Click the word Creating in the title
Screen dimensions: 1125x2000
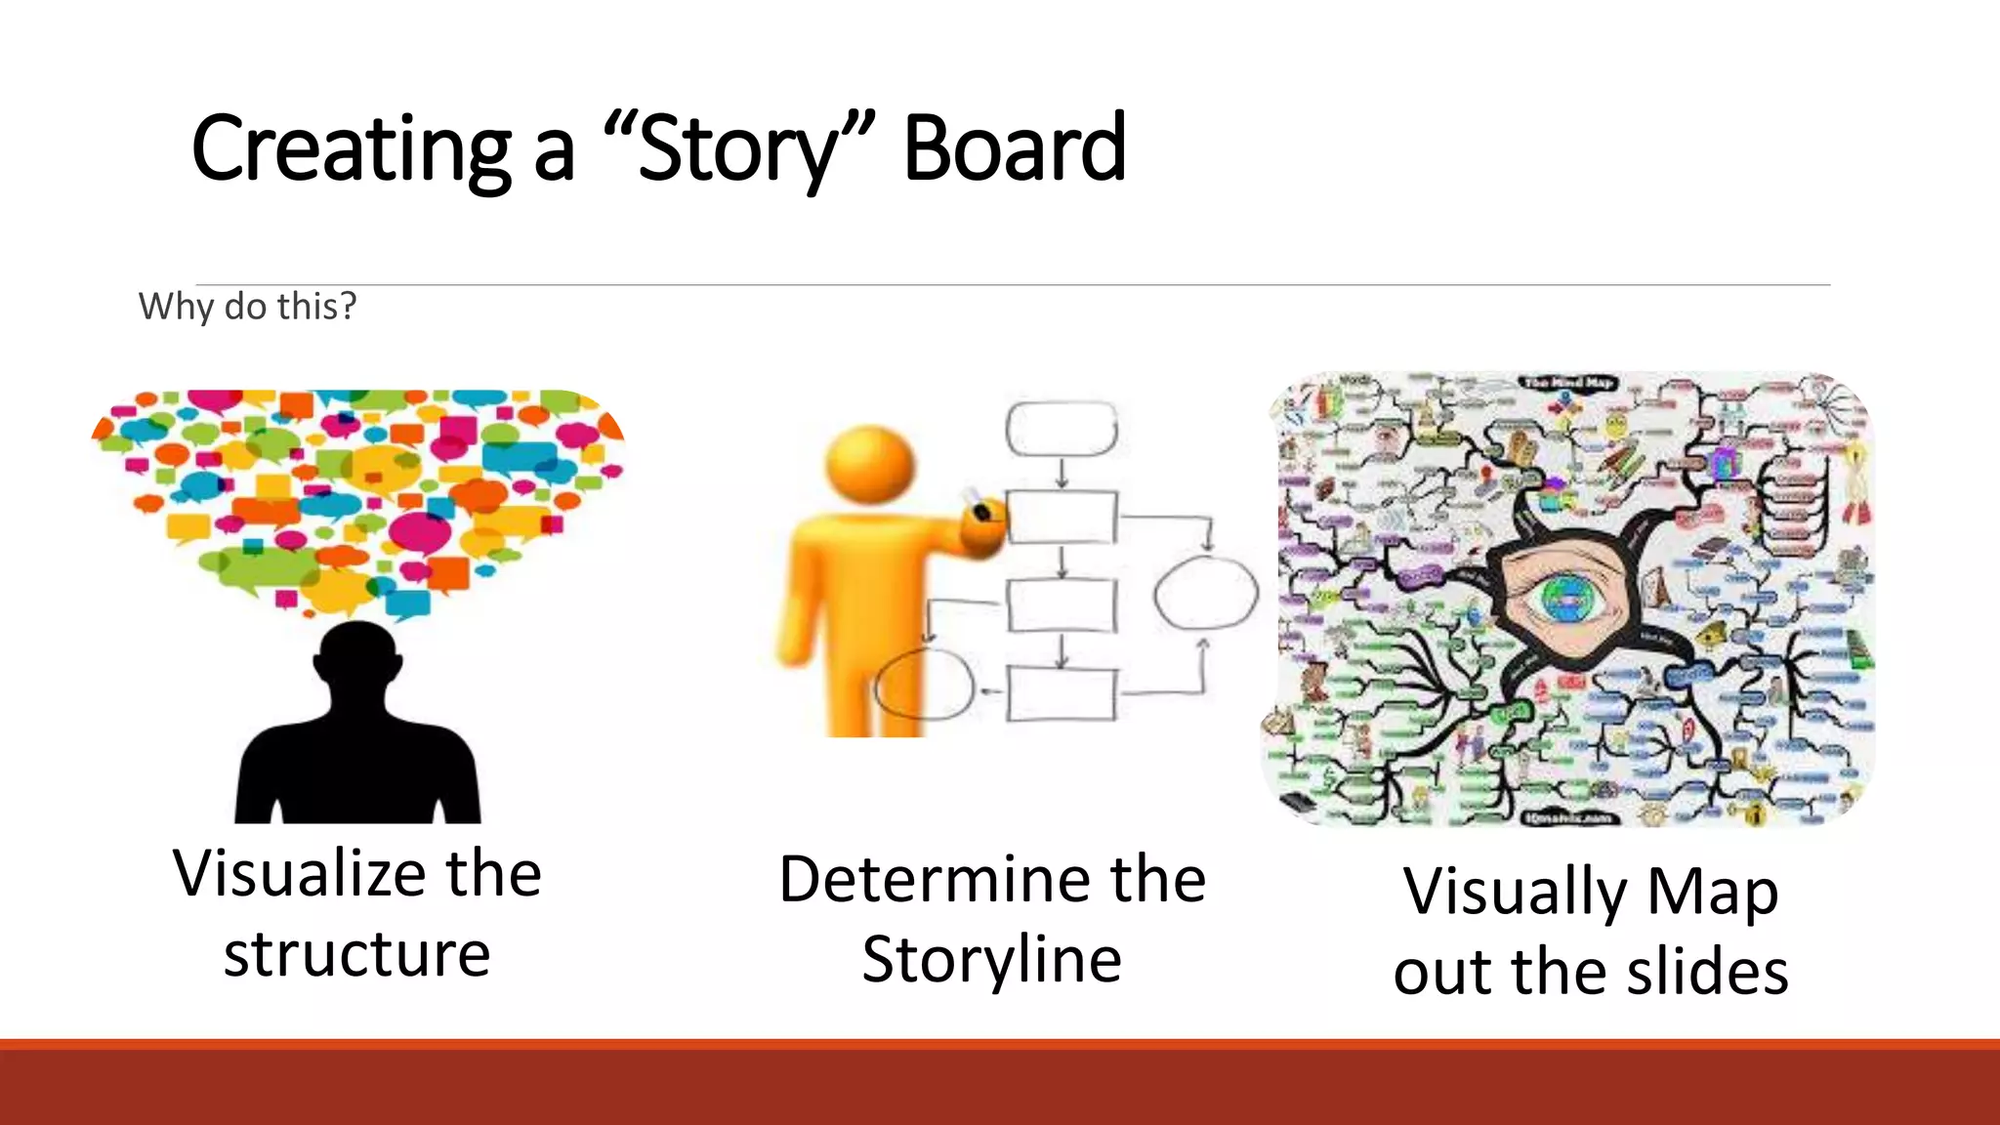tap(351, 148)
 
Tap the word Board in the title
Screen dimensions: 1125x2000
tap(1015, 148)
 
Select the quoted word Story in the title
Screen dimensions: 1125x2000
tap(738, 148)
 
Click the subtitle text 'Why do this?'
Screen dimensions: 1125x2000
tap(248, 307)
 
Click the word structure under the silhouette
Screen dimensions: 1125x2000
tap(357, 954)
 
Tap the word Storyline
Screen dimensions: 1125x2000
tap(991, 959)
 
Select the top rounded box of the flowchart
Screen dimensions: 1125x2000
tap(1062, 428)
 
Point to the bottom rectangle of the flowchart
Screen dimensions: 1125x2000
tap(1062, 694)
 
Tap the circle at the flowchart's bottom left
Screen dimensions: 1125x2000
tap(924, 684)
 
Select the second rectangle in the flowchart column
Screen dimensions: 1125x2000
tap(1062, 517)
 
